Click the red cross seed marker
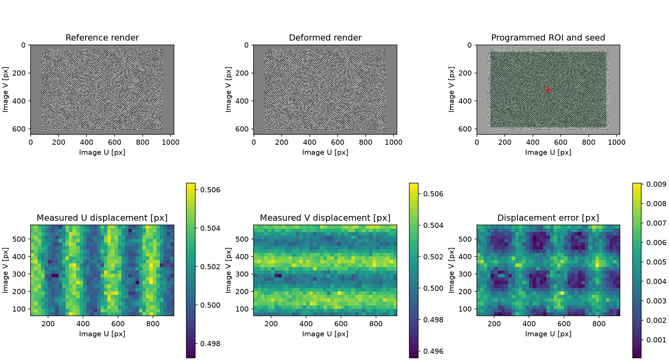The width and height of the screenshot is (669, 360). [x=548, y=89]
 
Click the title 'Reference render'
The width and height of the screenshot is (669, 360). [x=102, y=38]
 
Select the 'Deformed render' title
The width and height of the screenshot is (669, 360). [x=325, y=38]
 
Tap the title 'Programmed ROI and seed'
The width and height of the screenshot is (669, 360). [x=548, y=38]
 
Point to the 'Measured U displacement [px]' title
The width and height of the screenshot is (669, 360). [x=102, y=218]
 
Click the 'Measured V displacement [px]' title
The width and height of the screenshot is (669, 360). [x=325, y=218]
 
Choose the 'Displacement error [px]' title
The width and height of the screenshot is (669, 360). [x=548, y=218]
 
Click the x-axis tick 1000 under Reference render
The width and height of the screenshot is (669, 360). [x=171, y=142]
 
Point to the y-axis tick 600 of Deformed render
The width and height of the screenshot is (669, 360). [x=242, y=129]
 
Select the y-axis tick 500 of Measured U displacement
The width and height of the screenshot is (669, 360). [x=19, y=239]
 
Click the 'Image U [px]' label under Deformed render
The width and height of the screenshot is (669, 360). [x=325, y=153]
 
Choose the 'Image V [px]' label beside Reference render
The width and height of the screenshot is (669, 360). [x=5, y=89]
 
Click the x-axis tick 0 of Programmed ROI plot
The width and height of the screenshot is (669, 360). [x=477, y=142]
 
